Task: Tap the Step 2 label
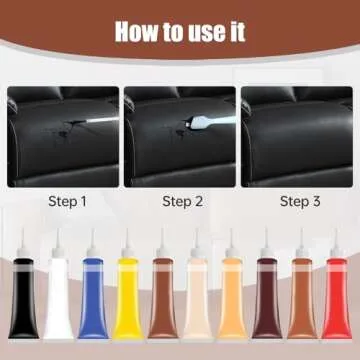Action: click(x=180, y=201)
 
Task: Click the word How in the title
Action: click(x=137, y=31)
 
